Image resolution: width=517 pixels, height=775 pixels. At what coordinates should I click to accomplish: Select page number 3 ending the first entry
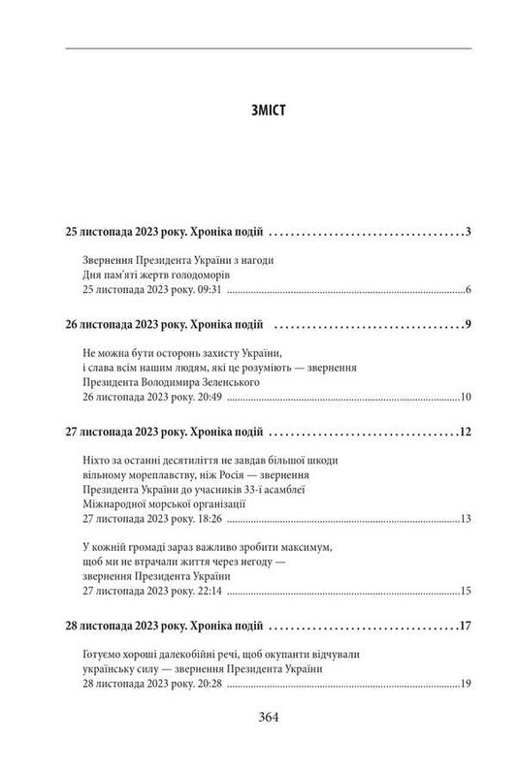click(x=468, y=232)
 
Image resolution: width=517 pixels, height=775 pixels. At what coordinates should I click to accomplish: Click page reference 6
click(x=468, y=291)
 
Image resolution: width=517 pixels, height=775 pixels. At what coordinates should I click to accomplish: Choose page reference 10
click(x=465, y=397)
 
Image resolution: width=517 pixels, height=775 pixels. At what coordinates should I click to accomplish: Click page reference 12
click(x=465, y=431)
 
